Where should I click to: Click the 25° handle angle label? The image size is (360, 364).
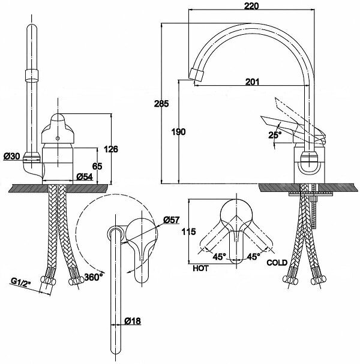pyautogui.click(x=274, y=136)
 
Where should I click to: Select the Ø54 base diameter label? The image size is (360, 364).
pyautogui.click(x=85, y=177)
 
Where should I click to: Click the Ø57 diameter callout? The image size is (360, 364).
pyautogui.click(x=171, y=221)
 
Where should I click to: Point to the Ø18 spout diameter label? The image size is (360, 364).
pyautogui.click(x=133, y=321)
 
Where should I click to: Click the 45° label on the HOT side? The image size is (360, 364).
pyautogui.click(x=218, y=257)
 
